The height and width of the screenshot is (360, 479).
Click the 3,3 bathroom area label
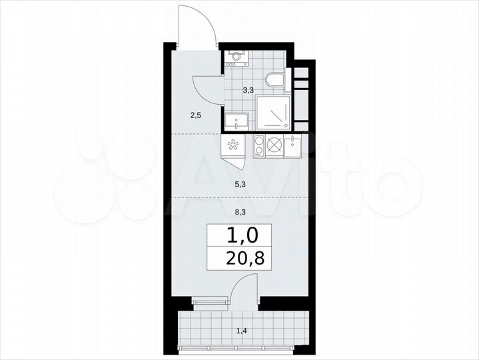pos(247,89)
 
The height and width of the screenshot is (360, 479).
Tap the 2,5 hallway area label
pos(195,115)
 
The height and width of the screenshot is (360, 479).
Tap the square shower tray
pos(272,109)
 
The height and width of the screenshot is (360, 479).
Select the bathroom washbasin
pos(237,121)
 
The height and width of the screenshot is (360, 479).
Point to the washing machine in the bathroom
pos(236,57)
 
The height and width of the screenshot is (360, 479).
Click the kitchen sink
pos(295,146)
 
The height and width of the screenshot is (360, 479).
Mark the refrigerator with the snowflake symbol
pos(233,146)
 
